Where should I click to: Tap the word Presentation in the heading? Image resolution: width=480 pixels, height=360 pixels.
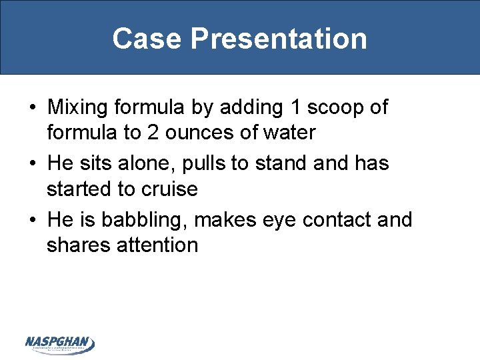point(278,39)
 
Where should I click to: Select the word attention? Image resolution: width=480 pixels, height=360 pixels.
point(157,245)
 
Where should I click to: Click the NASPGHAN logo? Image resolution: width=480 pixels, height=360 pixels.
point(60,344)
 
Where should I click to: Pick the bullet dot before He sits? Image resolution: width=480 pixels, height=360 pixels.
point(32,163)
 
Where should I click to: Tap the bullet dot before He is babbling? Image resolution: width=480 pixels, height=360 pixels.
point(32,220)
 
